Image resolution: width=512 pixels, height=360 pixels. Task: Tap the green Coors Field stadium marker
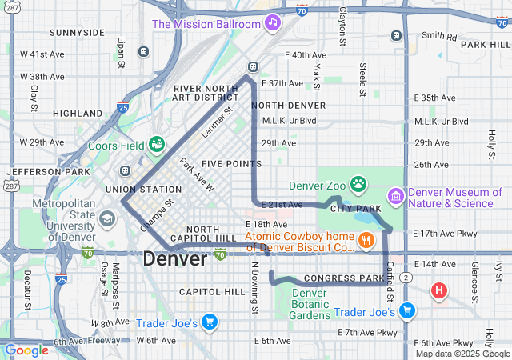(x=157, y=144)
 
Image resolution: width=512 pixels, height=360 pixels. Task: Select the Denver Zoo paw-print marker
(x=358, y=185)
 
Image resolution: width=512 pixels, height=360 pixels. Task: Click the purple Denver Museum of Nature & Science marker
(x=395, y=195)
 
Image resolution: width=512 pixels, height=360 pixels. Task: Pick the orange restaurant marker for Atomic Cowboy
(x=365, y=239)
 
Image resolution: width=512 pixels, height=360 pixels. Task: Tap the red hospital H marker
(x=438, y=290)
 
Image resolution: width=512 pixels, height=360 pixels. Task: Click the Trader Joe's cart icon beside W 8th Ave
(x=209, y=321)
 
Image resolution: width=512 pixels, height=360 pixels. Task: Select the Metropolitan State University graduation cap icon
(x=106, y=218)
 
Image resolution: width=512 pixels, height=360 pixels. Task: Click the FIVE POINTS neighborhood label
(x=231, y=163)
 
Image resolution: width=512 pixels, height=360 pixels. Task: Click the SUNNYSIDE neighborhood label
(x=77, y=33)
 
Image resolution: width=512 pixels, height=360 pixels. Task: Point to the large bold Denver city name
(x=174, y=258)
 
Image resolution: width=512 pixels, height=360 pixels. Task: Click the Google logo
(x=26, y=350)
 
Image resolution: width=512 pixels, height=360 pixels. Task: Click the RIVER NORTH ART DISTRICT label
(x=206, y=93)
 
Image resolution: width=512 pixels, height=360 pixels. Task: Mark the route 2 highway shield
(x=406, y=277)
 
